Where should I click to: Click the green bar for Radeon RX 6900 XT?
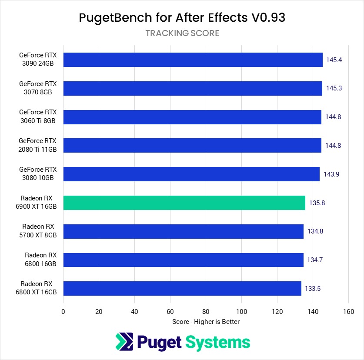tap(184, 203)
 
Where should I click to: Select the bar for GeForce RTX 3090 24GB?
tap(193, 60)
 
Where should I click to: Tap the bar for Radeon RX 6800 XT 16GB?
tap(182, 288)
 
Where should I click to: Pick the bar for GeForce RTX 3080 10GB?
tap(191, 174)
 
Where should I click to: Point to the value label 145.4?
tap(334, 60)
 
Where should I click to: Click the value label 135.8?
tap(317, 203)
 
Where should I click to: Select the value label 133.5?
tap(313, 288)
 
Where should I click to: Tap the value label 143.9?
tap(331, 174)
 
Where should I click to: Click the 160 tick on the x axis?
tap(348, 311)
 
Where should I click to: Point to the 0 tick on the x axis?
tap(63, 311)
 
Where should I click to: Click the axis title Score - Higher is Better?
tap(206, 322)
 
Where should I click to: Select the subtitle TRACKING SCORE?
tap(182, 33)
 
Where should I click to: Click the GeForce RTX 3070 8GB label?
tap(38, 88)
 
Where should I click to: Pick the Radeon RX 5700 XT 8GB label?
tap(39, 231)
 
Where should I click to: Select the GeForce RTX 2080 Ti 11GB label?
tap(38, 145)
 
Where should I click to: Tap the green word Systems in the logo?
tap(218, 342)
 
